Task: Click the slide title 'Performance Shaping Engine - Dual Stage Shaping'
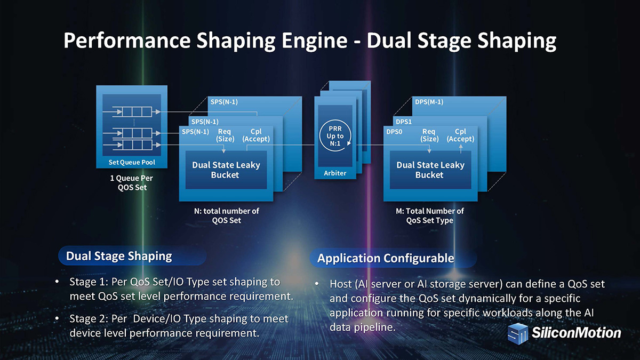[309, 41]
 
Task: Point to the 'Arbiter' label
[335, 173]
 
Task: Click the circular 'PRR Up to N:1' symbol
[335, 136]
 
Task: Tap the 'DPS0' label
[394, 131]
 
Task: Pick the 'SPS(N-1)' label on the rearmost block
[224, 102]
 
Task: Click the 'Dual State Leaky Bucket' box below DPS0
[429, 170]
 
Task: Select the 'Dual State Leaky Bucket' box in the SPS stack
[226, 170]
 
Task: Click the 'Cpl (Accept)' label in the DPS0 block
[460, 135]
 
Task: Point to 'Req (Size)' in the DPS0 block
[429, 135]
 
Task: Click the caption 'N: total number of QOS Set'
[227, 215]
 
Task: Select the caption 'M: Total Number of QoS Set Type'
[429, 215]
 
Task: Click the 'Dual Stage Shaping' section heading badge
[119, 256]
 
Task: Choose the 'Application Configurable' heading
[386, 258]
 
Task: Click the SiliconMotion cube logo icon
[517, 333]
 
